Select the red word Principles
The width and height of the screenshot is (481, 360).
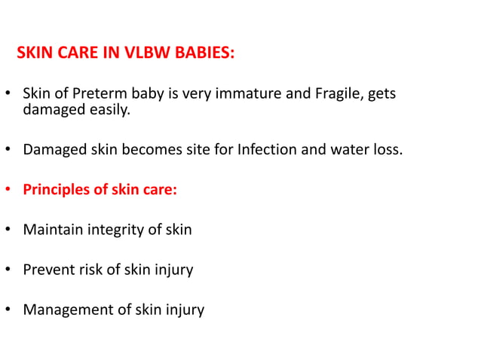click(x=56, y=189)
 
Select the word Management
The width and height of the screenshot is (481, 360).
click(x=64, y=309)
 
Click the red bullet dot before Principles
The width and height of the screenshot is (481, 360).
click(x=8, y=190)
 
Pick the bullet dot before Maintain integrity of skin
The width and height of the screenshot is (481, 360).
click(x=8, y=230)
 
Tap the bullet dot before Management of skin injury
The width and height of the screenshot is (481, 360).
click(x=8, y=310)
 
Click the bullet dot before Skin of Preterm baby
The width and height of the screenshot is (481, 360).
click(x=8, y=95)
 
